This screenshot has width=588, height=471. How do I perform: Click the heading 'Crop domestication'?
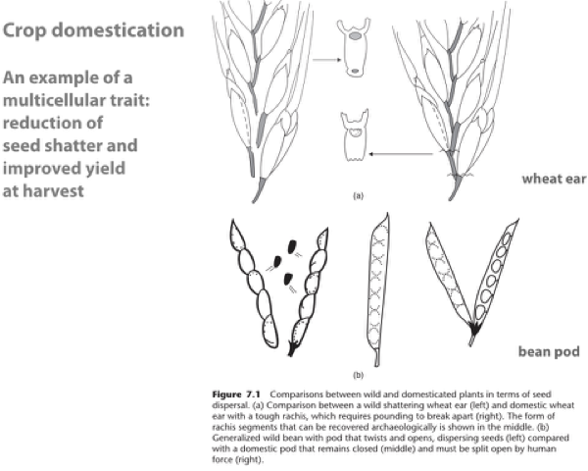tap(93, 30)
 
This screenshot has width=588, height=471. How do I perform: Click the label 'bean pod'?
tap(550, 349)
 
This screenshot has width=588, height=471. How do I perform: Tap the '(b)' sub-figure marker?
tap(358, 374)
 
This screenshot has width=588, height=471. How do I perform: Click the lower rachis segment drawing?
tap(355, 138)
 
